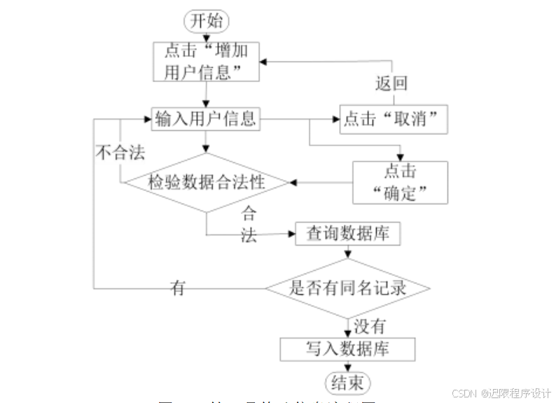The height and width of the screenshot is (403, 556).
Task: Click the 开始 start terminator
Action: pyautogui.click(x=207, y=20)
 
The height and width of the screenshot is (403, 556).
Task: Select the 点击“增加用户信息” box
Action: pyautogui.click(x=207, y=62)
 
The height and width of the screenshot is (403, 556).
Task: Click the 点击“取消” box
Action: pyautogui.click(x=394, y=120)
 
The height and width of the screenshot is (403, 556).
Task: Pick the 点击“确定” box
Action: pyautogui.click(x=400, y=182)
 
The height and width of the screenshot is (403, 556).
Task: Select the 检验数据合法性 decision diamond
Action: pyautogui.click(x=207, y=183)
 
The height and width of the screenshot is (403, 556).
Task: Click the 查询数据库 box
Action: pyautogui.click(x=348, y=234)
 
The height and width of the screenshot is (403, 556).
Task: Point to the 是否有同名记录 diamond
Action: pyautogui.click(x=348, y=288)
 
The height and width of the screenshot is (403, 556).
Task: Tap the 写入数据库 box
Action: pyautogui.click(x=348, y=348)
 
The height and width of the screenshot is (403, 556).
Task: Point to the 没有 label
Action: pyautogui.click(x=369, y=326)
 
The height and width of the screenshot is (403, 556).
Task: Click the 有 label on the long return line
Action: pyautogui.click(x=178, y=287)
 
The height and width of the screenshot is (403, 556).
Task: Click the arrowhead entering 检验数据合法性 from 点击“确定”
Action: pyautogui.click(x=293, y=183)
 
